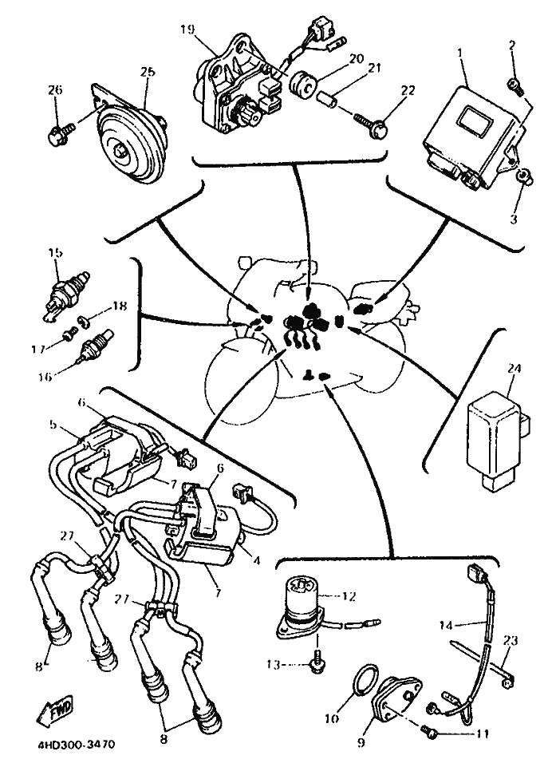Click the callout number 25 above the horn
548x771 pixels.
tap(147, 73)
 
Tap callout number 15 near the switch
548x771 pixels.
tap(55, 253)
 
